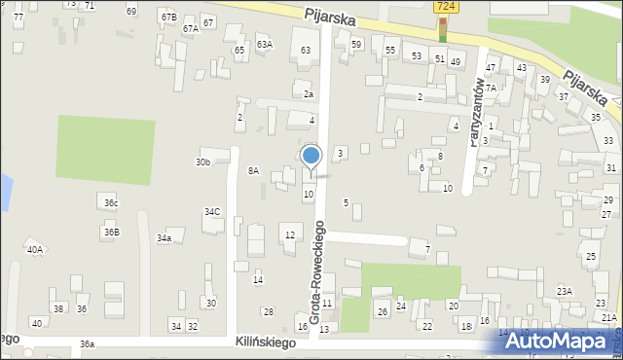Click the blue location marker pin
coord(311,159)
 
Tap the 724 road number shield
coord(444,7)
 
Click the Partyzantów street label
coord(477,109)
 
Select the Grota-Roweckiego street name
coord(316,275)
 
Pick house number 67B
coord(169,17)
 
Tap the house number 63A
coord(264,44)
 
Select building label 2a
coord(308,94)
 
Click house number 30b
coord(202,162)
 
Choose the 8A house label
coord(253,170)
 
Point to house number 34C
coord(211,211)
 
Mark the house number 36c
coord(111,202)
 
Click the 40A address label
coord(35,249)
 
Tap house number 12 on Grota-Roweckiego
coord(289,234)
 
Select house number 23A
coord(564,291)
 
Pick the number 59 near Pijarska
coord(356,44)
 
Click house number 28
coord(268,311)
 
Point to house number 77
coord(18,18)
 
